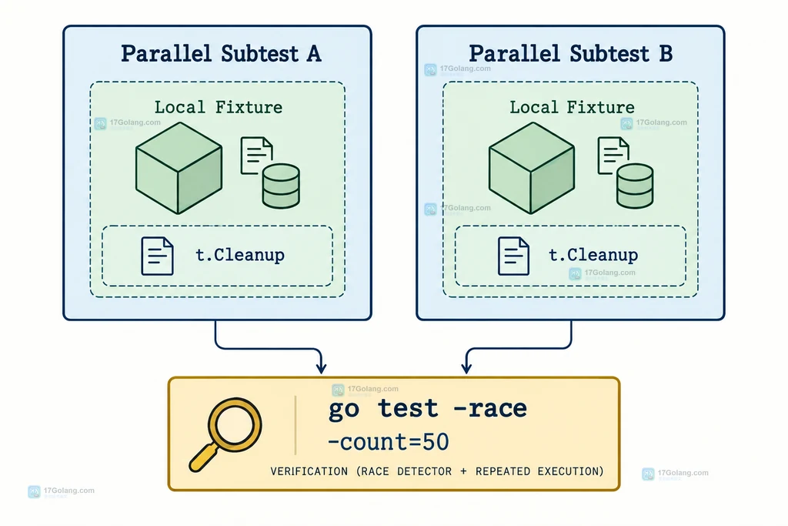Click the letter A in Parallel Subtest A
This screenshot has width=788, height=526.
coord(314,54)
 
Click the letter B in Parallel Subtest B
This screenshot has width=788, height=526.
coord(666,54)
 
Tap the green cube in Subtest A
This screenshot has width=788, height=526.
coord(179,168)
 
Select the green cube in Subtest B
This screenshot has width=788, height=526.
coord(532,168)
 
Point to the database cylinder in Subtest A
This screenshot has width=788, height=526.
coord(281,186)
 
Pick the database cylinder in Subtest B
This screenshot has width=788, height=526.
coord(635,186)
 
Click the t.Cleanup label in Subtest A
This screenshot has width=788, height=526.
coord(240,255)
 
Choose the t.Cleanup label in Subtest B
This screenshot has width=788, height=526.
coord(593,255)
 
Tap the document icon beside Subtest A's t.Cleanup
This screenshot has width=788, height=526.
coord(157,256)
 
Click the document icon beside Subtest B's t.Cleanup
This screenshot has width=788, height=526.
coord(513,256)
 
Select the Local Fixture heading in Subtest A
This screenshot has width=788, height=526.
coord(218,107)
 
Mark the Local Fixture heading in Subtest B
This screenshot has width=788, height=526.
coord(572,107)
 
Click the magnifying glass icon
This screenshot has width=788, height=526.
coord(225,434)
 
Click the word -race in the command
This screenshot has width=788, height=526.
coord(490,408)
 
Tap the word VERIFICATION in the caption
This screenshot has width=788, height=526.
coord(309,471)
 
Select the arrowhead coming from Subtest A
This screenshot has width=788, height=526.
coord(321,367)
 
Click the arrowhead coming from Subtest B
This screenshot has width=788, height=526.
coord(466,367)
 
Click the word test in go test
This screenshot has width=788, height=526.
coord(408,408)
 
